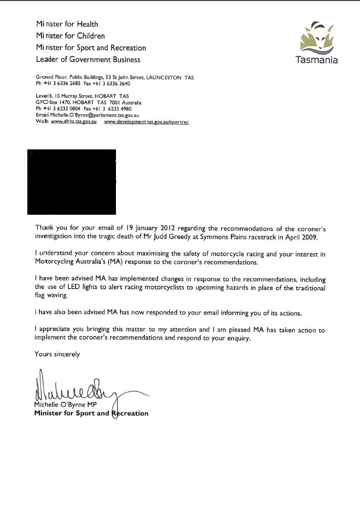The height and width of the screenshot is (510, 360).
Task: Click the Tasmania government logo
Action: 317,43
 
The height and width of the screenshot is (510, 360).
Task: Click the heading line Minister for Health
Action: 67,24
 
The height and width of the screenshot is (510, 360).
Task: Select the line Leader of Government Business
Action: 88,59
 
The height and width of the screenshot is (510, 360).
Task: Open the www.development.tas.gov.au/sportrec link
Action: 146,122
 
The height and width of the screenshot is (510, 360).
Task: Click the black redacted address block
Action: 72,181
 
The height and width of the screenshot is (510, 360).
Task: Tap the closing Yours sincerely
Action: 57,354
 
